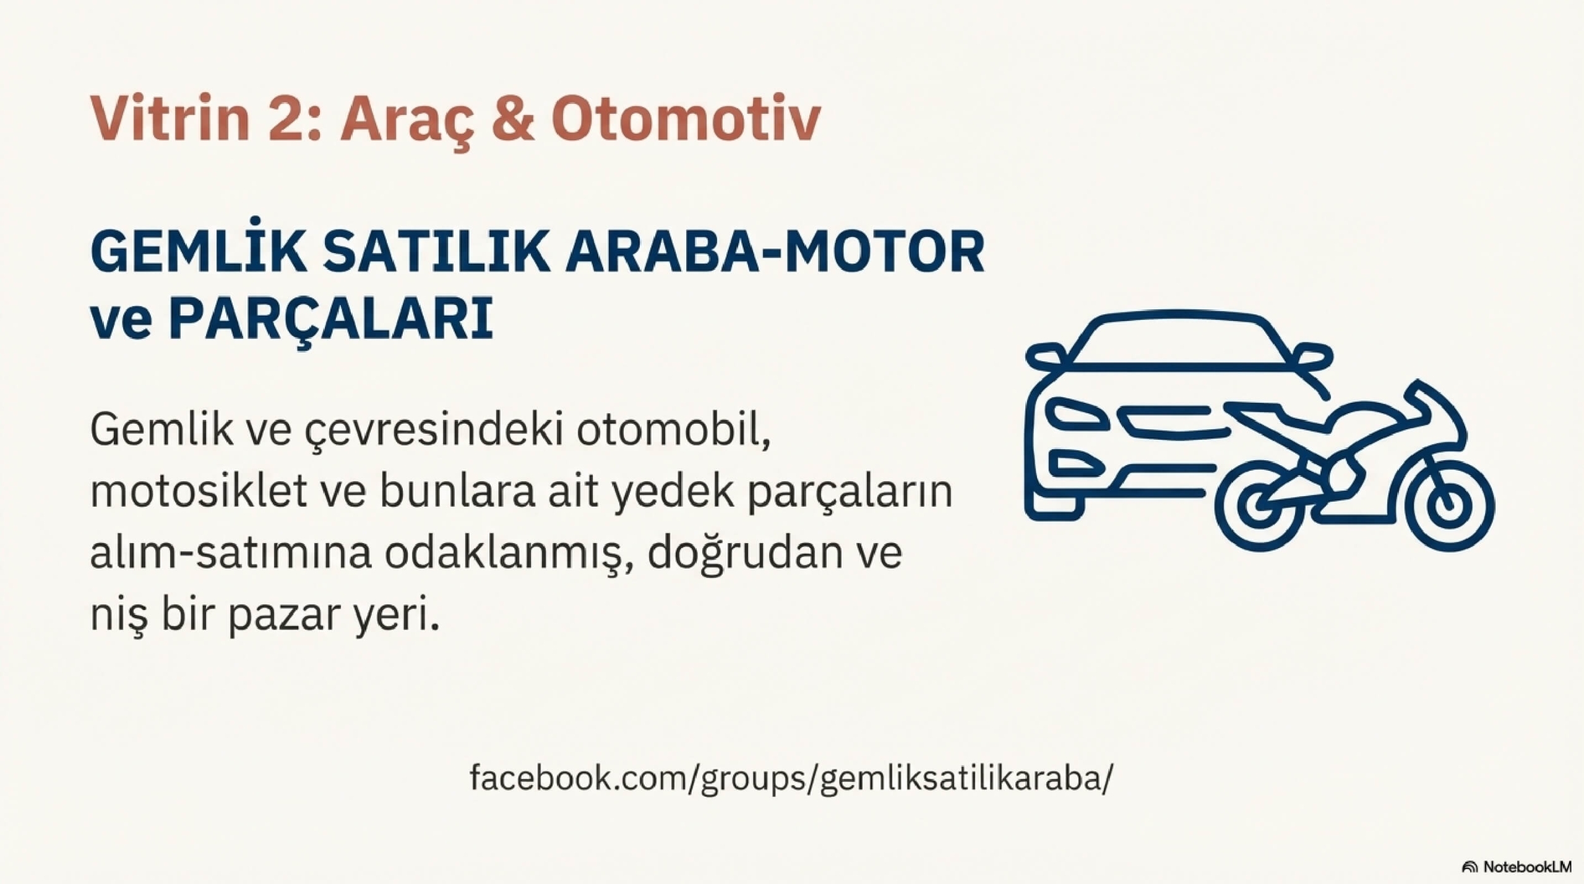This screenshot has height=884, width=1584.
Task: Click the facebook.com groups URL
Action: (x=791, y=778)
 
